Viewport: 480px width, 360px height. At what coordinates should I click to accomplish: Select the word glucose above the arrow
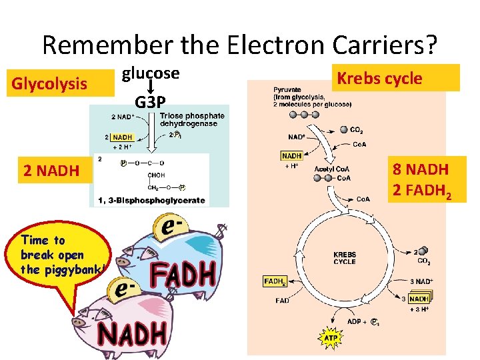pos(150,73)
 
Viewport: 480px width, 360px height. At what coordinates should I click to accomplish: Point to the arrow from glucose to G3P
pos(151,87)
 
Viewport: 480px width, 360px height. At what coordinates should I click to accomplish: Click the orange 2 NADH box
pos(51,171)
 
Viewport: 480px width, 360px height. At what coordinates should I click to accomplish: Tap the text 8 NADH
pos(421,169)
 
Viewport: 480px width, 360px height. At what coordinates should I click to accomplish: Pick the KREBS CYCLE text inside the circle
pos(345,258)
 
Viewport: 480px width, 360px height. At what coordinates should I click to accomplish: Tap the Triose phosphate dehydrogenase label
pos(192,120)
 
